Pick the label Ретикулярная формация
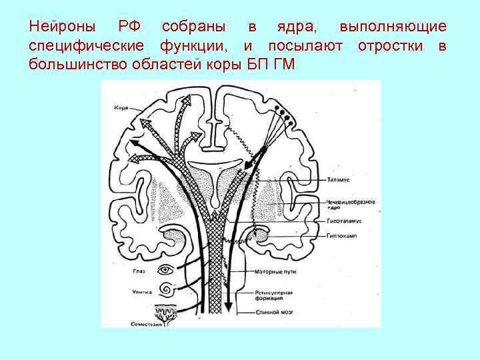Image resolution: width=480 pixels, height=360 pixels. [x=271, y=295]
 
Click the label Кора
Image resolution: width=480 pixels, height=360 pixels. [x=121, y=107]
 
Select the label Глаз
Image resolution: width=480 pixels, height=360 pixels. [x=139, y=271]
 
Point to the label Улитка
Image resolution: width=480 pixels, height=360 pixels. [x=141, y=291]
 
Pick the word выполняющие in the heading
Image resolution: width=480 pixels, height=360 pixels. [x=393, y=27]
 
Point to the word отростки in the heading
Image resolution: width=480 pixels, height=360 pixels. [x=391, y=45]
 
